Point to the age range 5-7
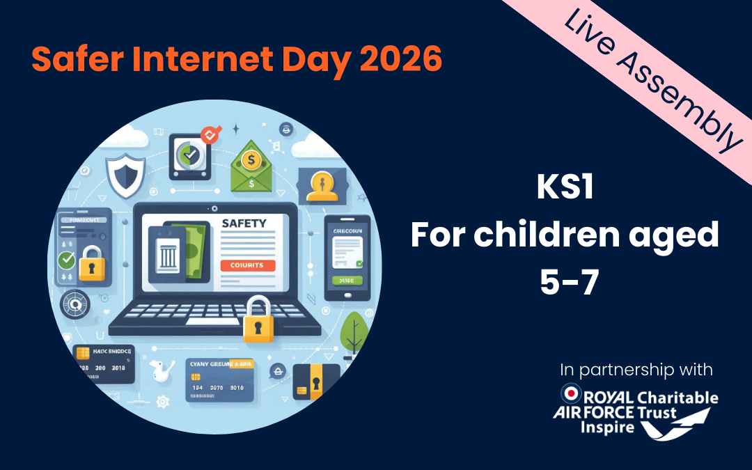565,283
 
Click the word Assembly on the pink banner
686,100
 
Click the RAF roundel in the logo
571,394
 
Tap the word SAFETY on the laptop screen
243,224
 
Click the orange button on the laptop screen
247,265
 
